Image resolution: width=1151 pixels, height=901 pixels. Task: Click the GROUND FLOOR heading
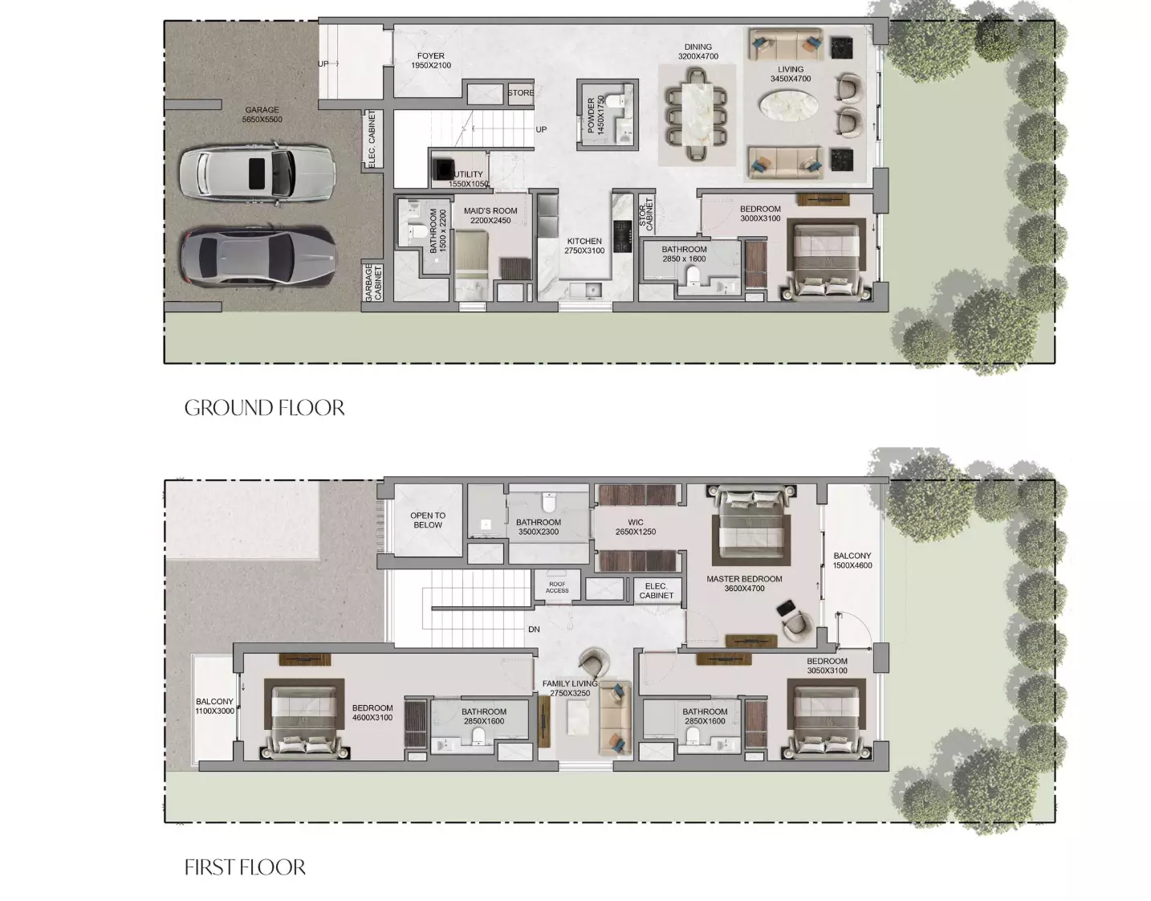[x=264, y=408]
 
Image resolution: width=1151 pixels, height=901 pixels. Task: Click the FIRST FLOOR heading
[x=245, y=867]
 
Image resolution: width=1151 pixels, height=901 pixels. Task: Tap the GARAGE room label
[x=262, y=114]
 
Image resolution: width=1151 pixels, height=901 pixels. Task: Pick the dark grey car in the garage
[x=258, y=258]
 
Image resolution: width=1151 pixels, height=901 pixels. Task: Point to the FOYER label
[x=431, y=60]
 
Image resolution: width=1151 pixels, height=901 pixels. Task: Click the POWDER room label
[x=596, y=115]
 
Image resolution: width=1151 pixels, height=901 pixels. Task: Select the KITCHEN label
[x=584, y=246]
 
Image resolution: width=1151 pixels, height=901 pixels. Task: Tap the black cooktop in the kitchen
[x=623, y=236]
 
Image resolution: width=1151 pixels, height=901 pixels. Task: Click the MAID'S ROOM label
[x=490, y=215]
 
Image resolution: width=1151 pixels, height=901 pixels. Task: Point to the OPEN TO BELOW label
[x=428, y=520]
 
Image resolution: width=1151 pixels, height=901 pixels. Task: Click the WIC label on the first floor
[x=636, y=527]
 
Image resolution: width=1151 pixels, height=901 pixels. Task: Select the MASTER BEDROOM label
[x=744, y=584]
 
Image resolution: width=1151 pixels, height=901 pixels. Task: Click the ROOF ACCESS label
[x=557, y=588]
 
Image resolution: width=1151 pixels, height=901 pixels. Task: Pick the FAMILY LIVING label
[x=570, y=688]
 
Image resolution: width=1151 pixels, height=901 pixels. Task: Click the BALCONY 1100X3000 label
[x=214, y=706]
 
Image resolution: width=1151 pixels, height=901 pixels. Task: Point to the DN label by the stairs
[x=534, y=630]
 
